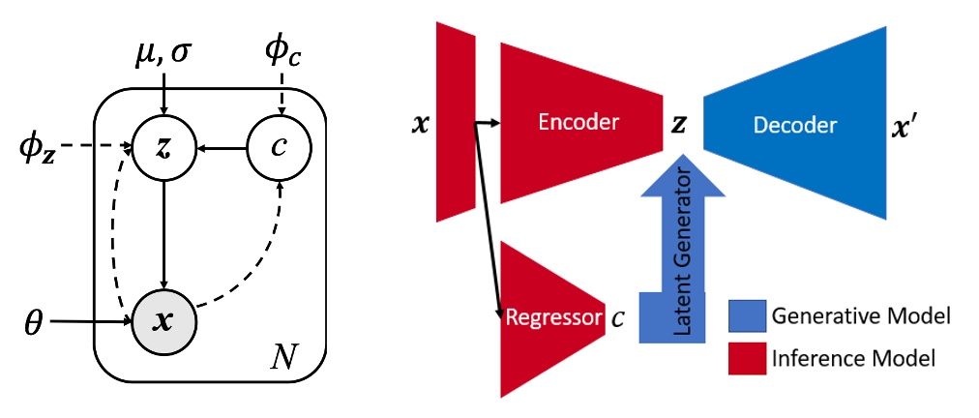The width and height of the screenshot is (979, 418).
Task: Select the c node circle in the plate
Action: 281,148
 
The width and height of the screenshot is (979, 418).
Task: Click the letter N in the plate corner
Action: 285,362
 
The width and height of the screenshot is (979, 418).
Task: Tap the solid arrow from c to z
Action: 222,148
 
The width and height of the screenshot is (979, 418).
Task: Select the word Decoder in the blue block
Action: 795,125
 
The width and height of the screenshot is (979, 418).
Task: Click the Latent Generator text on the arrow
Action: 683,253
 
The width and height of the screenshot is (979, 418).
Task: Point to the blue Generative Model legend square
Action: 746,316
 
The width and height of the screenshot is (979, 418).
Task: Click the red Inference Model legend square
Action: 746,359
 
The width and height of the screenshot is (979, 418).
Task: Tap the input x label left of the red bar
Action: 419,125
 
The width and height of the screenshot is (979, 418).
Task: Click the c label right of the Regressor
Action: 617,317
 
